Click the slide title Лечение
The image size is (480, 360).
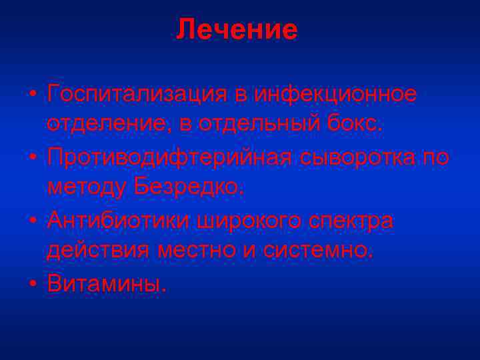pyautogui.click(x=237, y=30)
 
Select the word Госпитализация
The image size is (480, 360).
pyautogui.click(x=138, y=95)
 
